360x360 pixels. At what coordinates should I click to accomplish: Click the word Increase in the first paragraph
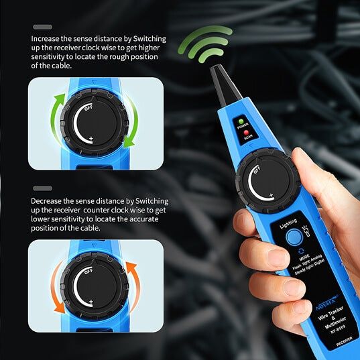(48, 39)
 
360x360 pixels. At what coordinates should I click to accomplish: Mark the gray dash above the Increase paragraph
(42, 27)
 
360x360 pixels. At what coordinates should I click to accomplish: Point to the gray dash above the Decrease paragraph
(42, 189)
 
